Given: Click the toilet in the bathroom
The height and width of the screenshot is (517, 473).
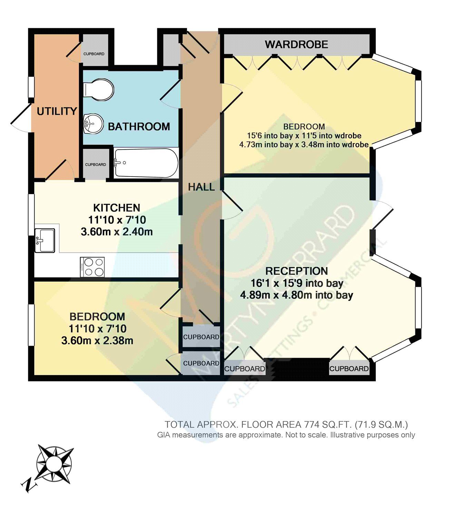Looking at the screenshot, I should coord(99,90).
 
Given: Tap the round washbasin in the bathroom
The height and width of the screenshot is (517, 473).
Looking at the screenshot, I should coord(93,124).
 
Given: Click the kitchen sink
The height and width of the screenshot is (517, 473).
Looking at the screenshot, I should coord(45,240).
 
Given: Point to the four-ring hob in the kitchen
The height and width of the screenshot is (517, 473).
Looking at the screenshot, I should coord(92,267).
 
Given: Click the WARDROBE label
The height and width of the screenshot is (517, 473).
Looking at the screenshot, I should coord(296,44).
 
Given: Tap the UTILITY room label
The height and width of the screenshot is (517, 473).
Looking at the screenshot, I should coord(57,111).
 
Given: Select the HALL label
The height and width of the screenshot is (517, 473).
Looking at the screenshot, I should coord(201,187).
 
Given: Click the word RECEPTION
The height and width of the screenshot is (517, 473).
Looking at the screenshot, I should coord(296,271).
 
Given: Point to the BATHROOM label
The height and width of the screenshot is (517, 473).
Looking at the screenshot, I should coord(139,127).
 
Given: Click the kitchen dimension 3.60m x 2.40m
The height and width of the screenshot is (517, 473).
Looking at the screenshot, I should coord(117,232).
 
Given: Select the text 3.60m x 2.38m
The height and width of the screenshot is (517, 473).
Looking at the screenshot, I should coord(97,341).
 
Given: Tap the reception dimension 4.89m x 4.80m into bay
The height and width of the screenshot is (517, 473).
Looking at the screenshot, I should coord(296,295).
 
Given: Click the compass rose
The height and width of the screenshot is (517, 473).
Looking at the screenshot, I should coord(55,464).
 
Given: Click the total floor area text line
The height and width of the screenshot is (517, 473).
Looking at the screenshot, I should coord(286,424).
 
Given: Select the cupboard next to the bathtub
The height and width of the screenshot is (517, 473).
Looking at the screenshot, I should coord(96,164).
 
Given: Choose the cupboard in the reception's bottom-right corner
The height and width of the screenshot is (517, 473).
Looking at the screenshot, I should coord(349,368).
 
